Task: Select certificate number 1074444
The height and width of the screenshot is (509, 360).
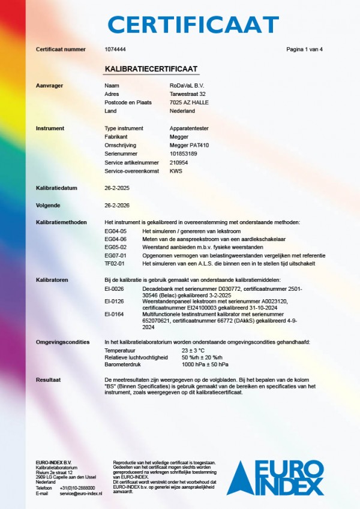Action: pyautogui.click(x=115, y=49)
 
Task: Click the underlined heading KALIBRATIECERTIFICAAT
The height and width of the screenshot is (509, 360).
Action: pyautogui.click(x=151, y=70)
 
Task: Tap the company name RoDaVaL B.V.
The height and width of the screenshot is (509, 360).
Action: pyautogui.click(x=187, y=86)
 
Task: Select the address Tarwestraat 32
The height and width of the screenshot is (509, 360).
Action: pyautogui.click(x=188, y=94)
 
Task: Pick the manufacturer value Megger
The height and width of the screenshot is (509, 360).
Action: pyautogui.click(x=179, y=137)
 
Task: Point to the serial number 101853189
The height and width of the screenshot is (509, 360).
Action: pyautogui.click(x=184, y=153)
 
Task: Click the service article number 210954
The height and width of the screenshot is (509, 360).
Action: pyautogui.click(x=179, y=162)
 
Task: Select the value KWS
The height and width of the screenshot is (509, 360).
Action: pyautogui.click(x=176, y=171)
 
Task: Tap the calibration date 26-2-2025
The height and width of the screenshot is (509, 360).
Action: pyautogui.click(x=116, y=188)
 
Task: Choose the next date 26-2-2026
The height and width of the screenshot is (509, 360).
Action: pyautogui.click(x=116, y=205)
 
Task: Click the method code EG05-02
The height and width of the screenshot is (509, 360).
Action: pyautogui.click(x=115, y=247)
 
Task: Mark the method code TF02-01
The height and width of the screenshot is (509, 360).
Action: pyautogui.click(x=115, y=263)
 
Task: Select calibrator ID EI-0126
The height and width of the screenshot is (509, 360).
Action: pyautogui.click(x=114, y=301)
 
